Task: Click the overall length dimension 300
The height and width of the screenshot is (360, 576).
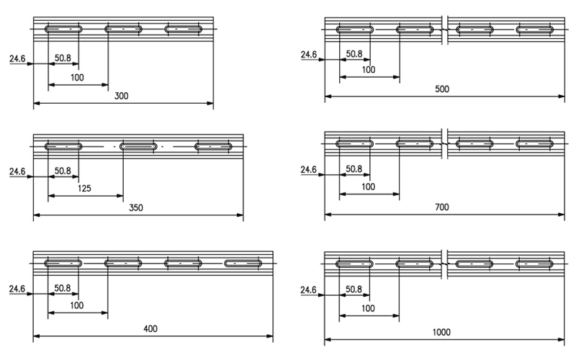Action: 121,96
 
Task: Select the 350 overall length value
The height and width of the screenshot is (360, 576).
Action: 136,208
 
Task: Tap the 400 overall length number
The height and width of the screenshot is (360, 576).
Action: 150,329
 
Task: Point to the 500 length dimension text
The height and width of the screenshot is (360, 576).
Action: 442,89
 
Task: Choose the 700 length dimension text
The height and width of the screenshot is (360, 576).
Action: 442,207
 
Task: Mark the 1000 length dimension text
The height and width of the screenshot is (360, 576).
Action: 441,333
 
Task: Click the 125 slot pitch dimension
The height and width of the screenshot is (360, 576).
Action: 84,189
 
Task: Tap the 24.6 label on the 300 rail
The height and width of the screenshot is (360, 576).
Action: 17,59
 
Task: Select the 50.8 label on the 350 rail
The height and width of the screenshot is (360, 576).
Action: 63,171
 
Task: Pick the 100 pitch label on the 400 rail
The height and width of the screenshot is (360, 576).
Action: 77,305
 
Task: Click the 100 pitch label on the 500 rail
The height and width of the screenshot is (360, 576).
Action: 369,70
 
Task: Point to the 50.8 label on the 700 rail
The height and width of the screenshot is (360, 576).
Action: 354,169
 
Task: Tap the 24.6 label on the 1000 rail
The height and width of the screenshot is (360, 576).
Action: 308,290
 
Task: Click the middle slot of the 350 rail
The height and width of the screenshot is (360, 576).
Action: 138,147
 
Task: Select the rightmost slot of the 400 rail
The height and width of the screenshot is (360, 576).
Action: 243,264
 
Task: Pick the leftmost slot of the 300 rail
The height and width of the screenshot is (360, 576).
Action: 63,29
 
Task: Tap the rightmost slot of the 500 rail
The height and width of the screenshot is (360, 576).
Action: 534,30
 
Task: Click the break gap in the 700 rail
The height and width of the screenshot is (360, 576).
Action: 444,143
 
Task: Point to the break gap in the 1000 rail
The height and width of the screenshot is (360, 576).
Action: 444,264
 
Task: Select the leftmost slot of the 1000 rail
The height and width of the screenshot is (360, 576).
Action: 354,264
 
